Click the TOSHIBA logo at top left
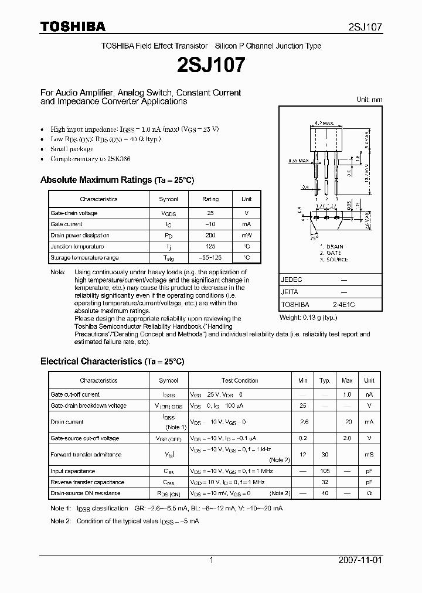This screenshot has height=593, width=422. [73, 26]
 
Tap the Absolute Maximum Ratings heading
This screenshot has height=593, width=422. [117, 180]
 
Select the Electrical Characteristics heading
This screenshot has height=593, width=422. [112, 362]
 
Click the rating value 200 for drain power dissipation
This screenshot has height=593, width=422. [210, 236]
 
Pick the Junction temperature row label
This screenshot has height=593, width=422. [77, 247]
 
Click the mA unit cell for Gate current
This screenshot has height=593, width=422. [246, 224]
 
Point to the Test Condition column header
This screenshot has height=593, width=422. [240, 381]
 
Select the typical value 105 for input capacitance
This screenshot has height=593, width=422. [325, 471]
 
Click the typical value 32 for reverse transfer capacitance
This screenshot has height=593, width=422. [325, 482]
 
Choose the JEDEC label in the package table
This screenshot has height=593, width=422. [291, 280]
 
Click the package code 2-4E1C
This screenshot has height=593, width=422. [343, 305]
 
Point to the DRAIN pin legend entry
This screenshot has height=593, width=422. [333, 247]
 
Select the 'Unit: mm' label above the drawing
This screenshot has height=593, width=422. [369, 100]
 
